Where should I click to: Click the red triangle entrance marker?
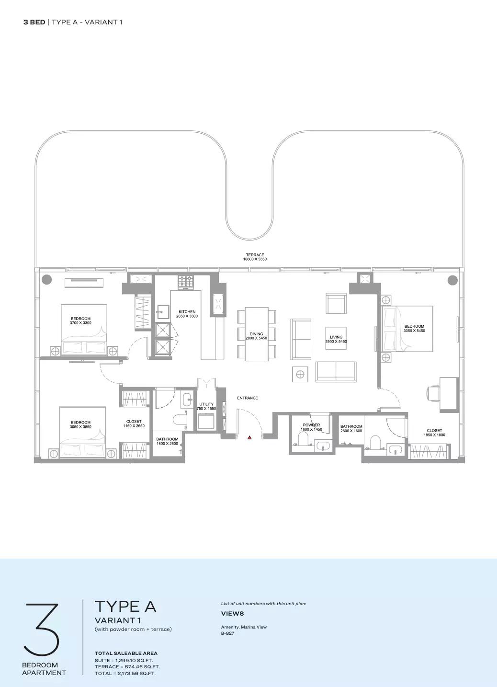249,438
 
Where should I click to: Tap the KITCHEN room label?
187,311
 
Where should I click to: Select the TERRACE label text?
255,255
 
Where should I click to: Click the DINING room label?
256,334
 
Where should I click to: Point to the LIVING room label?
336,337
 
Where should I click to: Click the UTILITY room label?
206,404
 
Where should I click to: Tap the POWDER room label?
311,425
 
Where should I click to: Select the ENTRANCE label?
248,398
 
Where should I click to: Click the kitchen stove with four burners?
186,282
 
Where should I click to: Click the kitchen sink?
163,312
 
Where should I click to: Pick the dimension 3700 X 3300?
80,322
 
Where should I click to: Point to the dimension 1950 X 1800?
434,435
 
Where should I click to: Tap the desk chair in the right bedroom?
433,393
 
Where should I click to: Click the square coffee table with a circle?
300,374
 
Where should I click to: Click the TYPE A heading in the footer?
125,607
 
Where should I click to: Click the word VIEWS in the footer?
232,613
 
